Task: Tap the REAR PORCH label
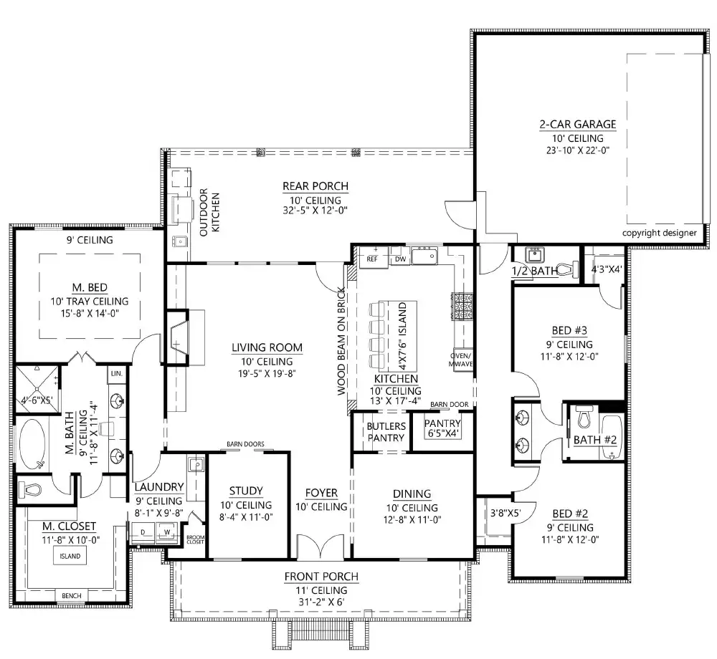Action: (315, 187)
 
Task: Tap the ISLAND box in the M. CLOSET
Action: (70, 556)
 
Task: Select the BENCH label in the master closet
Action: (71, 596)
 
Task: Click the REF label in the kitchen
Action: (372, 258)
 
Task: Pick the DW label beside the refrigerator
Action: (400, 258)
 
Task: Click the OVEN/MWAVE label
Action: (460, 360)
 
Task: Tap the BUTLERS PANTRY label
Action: (386, 432)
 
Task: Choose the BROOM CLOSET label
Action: (195, 539)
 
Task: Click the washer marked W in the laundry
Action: (168, 532)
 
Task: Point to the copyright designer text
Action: (659, 233)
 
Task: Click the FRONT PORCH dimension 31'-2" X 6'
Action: (321, 602)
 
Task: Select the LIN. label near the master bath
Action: (116, 373)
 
